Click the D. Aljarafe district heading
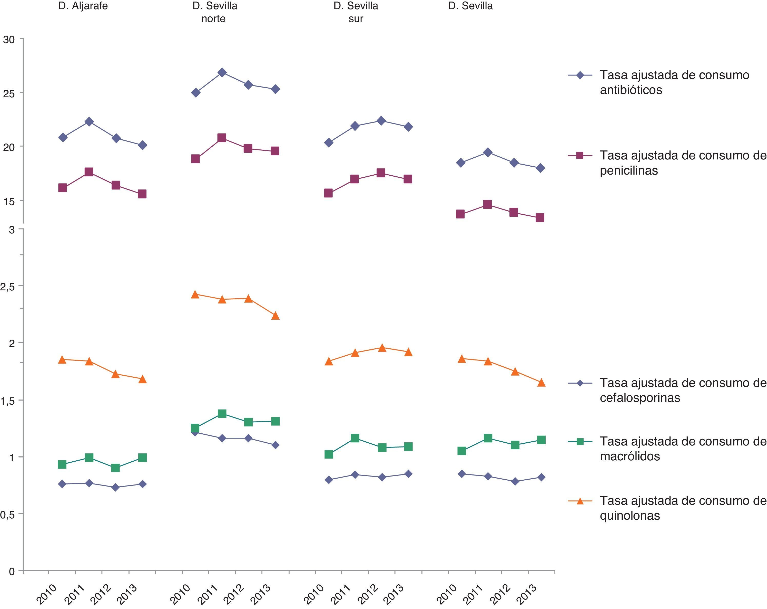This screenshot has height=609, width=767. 83,6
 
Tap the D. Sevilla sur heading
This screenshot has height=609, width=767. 356,12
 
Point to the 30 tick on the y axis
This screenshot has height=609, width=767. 9,40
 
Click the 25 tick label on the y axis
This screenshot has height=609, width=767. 9,94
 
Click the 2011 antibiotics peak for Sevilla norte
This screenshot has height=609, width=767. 222,73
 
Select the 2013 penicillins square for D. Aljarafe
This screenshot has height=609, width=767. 142,194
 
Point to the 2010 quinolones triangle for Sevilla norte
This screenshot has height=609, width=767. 195,294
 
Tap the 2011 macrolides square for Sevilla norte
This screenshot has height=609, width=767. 222,413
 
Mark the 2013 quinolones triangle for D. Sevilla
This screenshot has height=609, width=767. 541,383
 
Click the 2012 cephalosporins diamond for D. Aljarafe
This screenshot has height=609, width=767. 115,487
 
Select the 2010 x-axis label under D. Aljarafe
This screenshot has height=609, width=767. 47,594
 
